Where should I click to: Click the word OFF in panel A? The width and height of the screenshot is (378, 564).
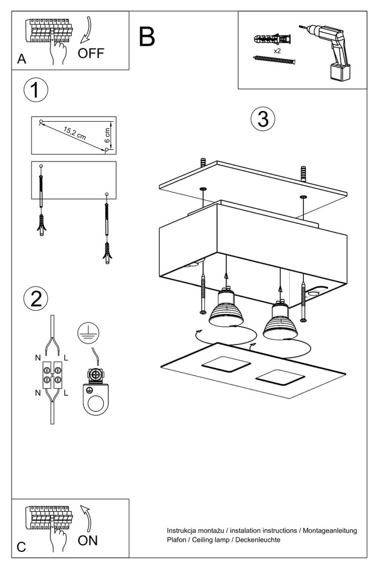click(x=91, y=54)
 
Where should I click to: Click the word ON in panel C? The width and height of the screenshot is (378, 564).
click(x=88, y=540)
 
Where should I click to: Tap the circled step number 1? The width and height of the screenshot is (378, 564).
click(x=35, y=90)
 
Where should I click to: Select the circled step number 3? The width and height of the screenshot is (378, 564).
click(x=262, y=119)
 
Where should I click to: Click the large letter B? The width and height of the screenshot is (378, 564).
click(x=147, y=36)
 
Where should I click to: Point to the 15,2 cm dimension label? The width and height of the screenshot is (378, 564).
click(x=75, y=134)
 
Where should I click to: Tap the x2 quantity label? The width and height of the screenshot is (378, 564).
click(x=276, y=50)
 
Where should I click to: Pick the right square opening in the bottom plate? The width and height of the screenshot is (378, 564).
click(x=280, y=379)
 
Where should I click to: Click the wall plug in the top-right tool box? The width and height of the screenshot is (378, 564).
click(x=272, y=40)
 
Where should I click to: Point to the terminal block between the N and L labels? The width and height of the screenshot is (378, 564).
click(x=52, y=376)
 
